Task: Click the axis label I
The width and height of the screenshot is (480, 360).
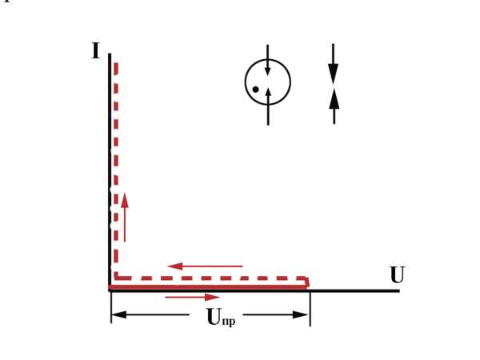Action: pos(96,51)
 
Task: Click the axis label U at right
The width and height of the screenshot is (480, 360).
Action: pos(398,275)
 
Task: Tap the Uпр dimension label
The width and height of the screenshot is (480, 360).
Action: pos(221,317)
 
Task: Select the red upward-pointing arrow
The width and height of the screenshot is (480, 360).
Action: pos(125,218)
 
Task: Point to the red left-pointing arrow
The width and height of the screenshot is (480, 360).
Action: pos(205,266)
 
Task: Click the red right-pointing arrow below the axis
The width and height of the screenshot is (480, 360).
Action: pos(193,298)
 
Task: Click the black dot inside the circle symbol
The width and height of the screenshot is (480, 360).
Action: pos(255,90)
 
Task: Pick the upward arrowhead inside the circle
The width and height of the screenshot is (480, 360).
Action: pos(268,92)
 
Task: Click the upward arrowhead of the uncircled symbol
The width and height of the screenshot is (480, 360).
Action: pos(334,98)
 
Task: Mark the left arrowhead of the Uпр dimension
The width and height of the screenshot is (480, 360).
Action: pos(118,314)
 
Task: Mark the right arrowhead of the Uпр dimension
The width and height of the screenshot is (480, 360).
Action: pos(301,314)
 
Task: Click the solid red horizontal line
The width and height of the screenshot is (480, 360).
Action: pos(208,287)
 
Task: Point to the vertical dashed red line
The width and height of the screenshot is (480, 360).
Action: pos(116,170)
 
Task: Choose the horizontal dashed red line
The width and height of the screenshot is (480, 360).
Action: pos(210,278)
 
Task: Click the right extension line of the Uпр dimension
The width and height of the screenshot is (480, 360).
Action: pos(310,309)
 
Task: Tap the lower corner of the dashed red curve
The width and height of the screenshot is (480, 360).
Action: pos(116,278)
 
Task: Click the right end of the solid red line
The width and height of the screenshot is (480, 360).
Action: pos(307,286)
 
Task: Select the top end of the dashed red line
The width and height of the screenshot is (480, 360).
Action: pos(116,63)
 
